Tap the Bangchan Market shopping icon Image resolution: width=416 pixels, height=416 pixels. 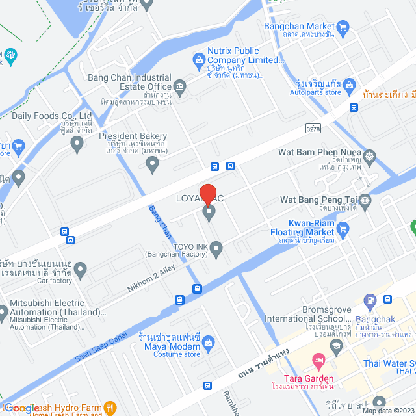point(344,27)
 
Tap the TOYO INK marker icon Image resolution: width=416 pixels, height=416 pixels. point(216,248)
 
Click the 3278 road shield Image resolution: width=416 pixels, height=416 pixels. point(313,129)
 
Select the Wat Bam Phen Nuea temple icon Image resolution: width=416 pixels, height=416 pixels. point(370,157)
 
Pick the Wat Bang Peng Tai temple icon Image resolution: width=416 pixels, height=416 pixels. point(365,200)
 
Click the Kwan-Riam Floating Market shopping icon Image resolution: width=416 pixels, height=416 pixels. point(344,228)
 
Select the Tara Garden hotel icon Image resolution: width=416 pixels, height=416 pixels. point(318,359)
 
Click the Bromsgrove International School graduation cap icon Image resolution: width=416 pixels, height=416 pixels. point(336,350)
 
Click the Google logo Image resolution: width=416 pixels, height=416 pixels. point(22,408)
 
